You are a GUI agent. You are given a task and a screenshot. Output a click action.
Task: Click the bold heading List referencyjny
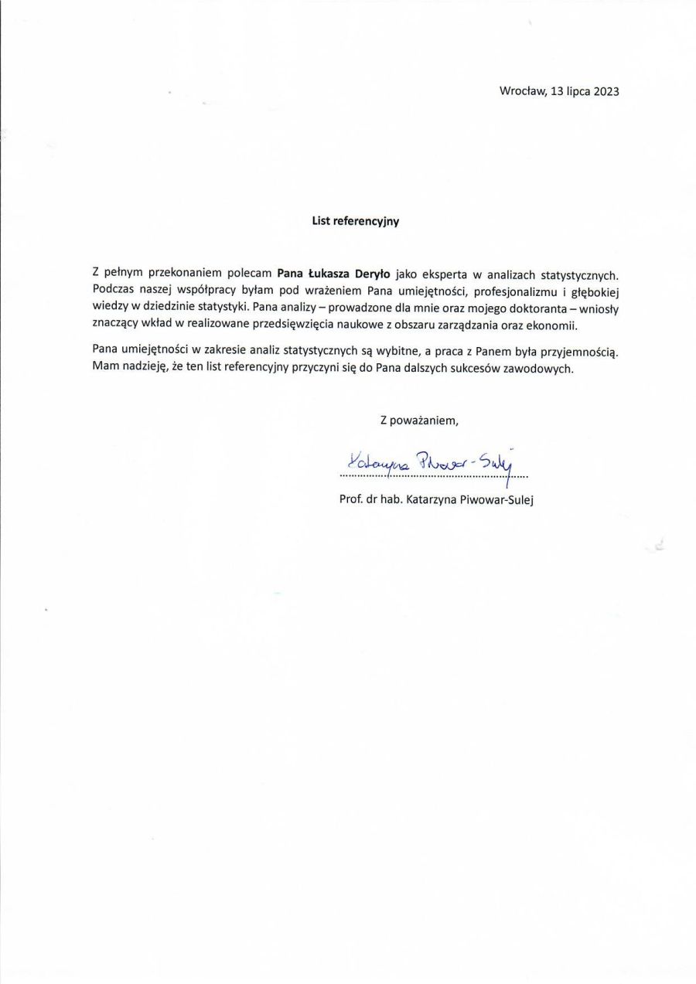tap(355, 220)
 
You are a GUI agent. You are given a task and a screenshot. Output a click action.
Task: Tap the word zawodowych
tap(543, 369)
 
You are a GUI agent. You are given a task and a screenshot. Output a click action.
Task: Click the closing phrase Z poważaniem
tap(418, 420)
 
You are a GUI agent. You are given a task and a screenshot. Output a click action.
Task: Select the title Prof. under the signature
tap(352, 499)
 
